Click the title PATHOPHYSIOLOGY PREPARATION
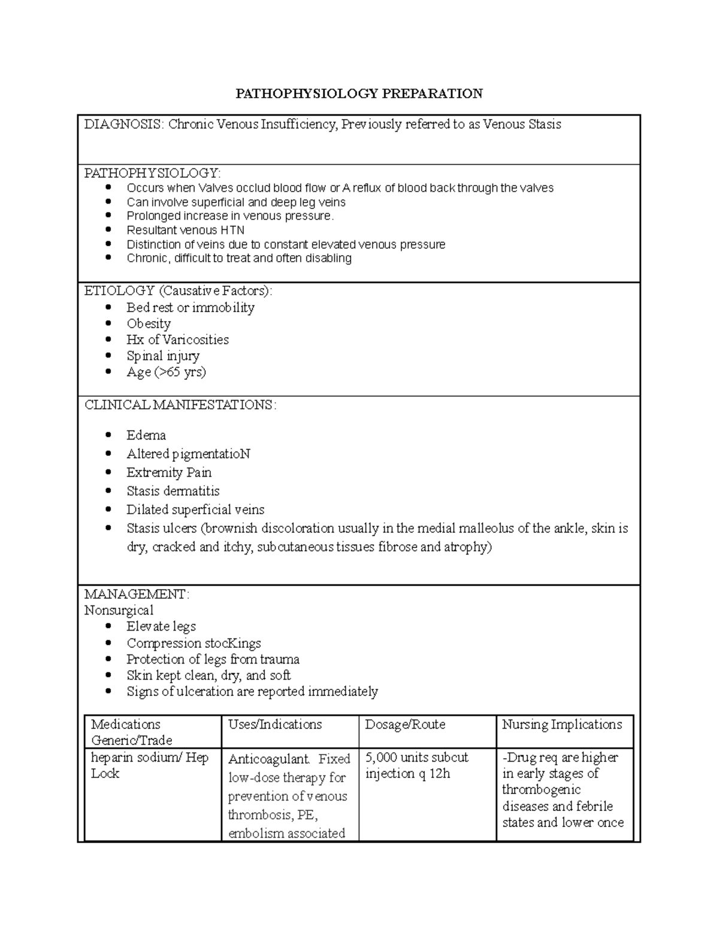[359, 93]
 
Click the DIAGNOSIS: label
[123, 125]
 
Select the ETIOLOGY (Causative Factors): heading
[178, 291]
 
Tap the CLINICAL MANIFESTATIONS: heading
[180, 405]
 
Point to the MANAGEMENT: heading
[137, 594]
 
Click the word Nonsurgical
[119, 610]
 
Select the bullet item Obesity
[149, 323]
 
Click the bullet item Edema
[146, 435]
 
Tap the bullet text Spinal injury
[163, 356]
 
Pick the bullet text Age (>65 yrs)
[166, 372]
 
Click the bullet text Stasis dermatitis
[173, 491]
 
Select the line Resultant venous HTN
[185, 230]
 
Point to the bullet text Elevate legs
[161, 626]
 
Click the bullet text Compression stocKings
[194, 643]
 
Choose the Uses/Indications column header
[275, 725]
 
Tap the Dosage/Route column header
[405, 725]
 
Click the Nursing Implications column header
[562, 725]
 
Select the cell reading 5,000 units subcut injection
[416, 765]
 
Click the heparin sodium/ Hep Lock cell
[149, 765]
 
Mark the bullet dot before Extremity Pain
[108, 472]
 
